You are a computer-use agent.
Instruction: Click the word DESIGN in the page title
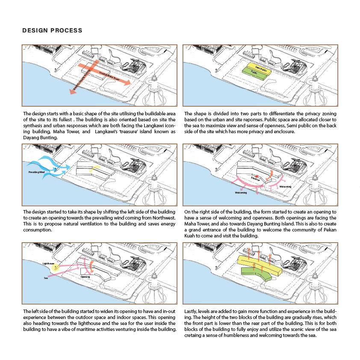pyautogui.click(x=34, y=31)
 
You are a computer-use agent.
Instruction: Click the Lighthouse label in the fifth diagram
pyautogui.click(x=49, y=264)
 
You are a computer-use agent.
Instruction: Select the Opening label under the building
pyautogui.click(x=86, y=277)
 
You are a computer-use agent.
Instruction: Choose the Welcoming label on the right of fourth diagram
pyautogui.click(x=285, y=187)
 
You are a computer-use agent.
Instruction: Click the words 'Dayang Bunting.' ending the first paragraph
pyautogui.click(x=39, y=138)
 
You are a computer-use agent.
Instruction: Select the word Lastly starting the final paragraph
pyautogui.click(x=191, y=310)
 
